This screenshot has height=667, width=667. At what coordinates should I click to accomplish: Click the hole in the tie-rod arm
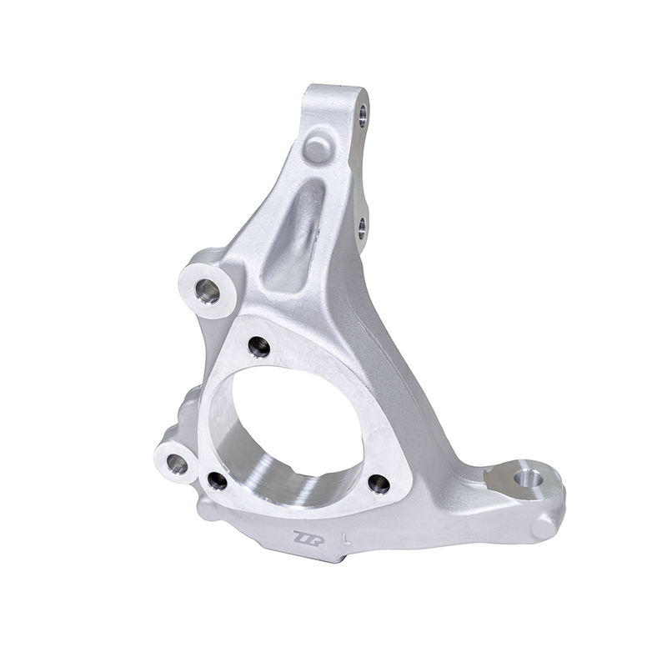(x=525, y=479)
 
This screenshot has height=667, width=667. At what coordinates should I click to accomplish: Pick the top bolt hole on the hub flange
(x=259, y=346)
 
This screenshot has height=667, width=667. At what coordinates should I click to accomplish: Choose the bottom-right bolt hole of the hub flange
(x=379, y=484)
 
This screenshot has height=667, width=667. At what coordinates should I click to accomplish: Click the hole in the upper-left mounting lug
(x=208, y=291)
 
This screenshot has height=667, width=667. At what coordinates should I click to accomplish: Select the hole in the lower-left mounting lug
(x=178, y=464)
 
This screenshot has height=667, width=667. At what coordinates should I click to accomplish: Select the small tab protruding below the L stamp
(x=333, y=557)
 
